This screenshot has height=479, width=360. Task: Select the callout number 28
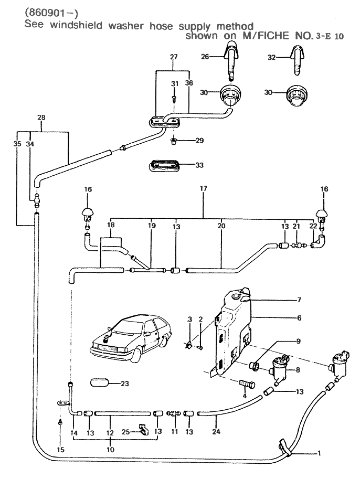click(x=41, y=119)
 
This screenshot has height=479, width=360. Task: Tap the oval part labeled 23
click(x=102, y=384)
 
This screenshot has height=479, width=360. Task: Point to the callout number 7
click(x=299, y=300)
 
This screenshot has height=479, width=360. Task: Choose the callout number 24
click(x=216, y=432)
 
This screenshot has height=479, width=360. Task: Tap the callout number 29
click(x=185, y=141)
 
